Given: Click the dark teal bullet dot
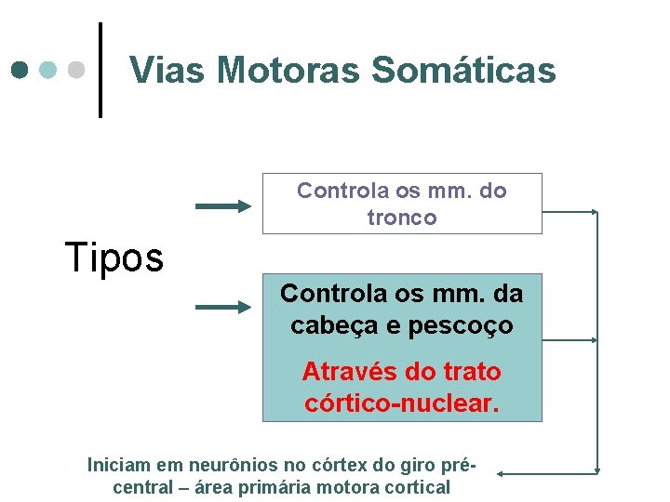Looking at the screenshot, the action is (x=20, y=70).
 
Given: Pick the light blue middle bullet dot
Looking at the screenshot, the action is (x=48, y=70).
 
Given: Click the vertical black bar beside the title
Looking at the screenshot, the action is (x=100, y=70).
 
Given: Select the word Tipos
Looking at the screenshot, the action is (x=114, y=258).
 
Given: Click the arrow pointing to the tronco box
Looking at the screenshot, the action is (x=223, y=206).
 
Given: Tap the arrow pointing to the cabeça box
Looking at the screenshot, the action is (x=223, y=306).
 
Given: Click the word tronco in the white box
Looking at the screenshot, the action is (x=402, y=218).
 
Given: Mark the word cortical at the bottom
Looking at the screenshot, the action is (x=409, y=487).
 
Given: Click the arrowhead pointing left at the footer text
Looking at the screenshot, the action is (x=500, y=473).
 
